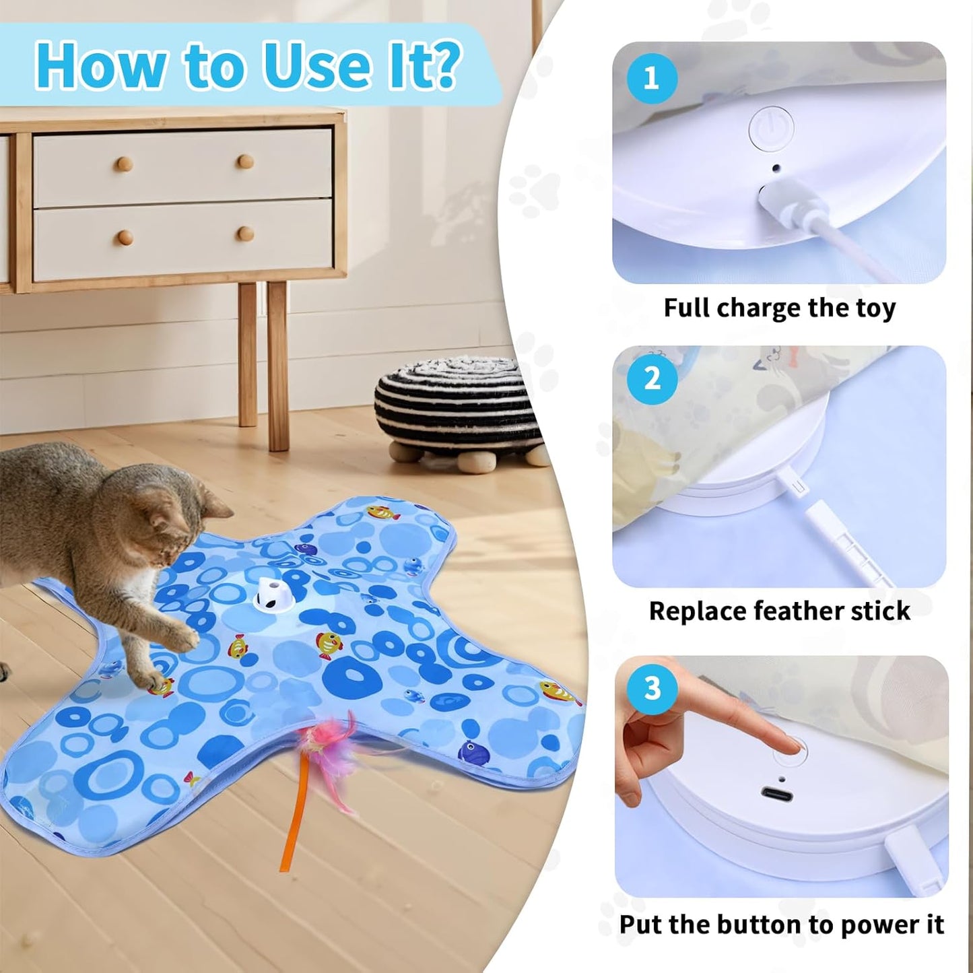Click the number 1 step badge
point(651,78)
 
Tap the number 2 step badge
point(652,379)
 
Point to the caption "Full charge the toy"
point(779,308)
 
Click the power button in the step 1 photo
point(772,128)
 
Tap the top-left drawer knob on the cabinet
point(124,164)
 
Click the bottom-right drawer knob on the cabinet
point(246,234)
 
